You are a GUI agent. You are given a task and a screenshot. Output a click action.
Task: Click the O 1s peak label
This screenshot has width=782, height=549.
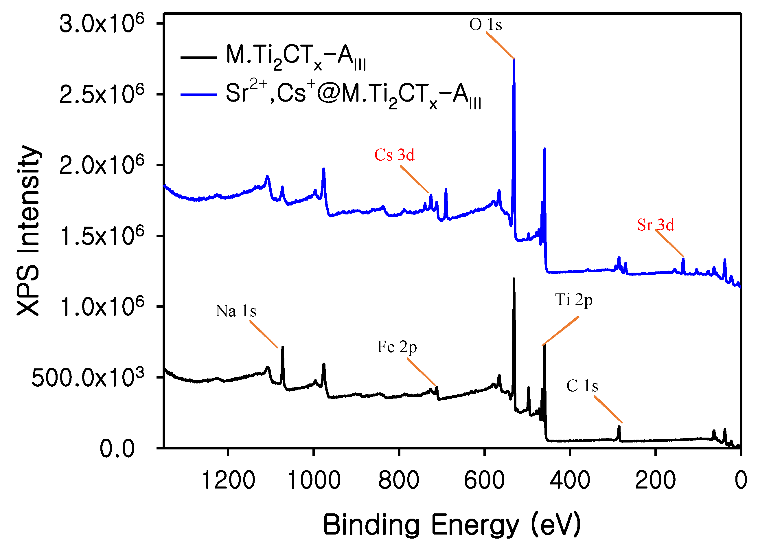click(x=485, y=25)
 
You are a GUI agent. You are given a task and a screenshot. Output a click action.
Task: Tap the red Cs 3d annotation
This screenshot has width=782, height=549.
click(x=394, y=155)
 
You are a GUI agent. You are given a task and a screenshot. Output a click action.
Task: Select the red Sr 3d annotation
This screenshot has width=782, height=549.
click(x=655, y=225)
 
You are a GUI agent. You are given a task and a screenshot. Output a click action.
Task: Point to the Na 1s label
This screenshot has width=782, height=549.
click(x=236, y=311)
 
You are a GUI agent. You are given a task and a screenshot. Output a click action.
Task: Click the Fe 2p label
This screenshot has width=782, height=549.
click(x=397, y=347)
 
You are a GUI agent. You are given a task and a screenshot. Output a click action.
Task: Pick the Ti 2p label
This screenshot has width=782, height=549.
click(x=574, y=300)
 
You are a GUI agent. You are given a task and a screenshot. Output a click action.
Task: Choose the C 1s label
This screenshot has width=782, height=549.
click(x=582, y=386)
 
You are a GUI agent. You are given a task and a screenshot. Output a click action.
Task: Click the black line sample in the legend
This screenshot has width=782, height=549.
click(x=198, y=57)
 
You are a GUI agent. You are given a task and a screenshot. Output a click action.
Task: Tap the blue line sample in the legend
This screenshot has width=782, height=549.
click(x=198, y=94)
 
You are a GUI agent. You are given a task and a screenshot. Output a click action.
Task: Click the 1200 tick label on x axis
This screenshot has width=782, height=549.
click(x=228, y=480)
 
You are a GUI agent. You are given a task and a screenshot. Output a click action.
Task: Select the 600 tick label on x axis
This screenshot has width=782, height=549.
click(x=484, y=480)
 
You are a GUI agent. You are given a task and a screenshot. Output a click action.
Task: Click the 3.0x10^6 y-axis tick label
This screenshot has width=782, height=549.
click(x=102, y=24)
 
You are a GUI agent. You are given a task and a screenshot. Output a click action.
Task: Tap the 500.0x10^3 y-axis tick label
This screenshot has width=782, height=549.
click(x=88, y=378)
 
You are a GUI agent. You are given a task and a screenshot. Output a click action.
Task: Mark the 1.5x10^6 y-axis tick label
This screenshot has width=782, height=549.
click(x=102, y=236)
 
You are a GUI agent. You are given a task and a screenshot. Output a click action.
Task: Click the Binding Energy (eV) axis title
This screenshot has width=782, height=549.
click(x=452, y=525)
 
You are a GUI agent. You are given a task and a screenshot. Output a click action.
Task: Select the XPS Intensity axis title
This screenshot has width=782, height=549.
click(x=29, y=230)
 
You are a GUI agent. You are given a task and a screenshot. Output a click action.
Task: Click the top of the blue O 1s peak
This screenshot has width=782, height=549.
click(x=514, y=59)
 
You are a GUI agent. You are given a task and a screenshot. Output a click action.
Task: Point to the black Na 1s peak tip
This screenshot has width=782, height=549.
click(x=282, y=348)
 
